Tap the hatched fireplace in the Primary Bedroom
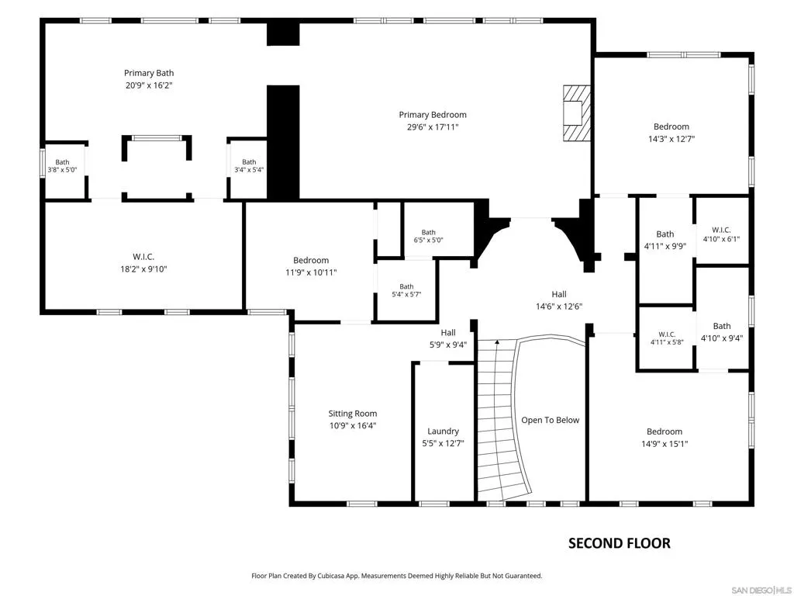[577, 113]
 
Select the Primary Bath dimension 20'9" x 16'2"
[149, 85]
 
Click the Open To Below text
[551, 420]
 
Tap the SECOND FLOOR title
[620, 543]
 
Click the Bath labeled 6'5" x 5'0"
[428, 236]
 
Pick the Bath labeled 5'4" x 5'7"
[406, 290]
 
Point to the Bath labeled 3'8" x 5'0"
[62, 166]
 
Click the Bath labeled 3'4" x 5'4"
[249, 166]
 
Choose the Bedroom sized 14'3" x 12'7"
[671, 133]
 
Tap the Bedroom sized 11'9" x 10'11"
[311, 266]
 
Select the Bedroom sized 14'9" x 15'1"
[665, 438]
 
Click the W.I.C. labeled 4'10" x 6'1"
[721, 234]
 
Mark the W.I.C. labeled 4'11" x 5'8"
[667, 338]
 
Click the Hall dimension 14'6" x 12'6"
[559, 307]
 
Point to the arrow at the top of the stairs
[497, 342]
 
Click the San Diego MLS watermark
[763, 590]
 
